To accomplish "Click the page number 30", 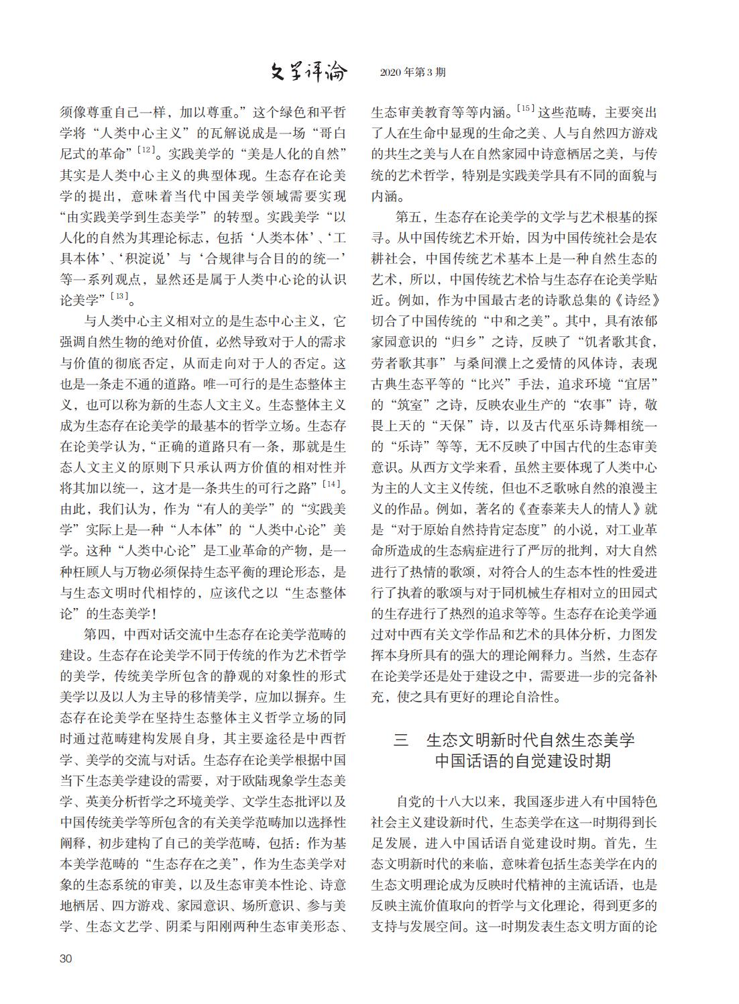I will [x=66, y=958].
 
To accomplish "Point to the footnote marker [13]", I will [x=120, y=296].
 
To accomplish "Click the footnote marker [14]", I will [x=332, y=483].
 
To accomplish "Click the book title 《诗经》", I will [x=634, y=299].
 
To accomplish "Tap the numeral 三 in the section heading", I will [x=401, y=740].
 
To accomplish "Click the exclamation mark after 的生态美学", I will [x=158, y=613].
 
